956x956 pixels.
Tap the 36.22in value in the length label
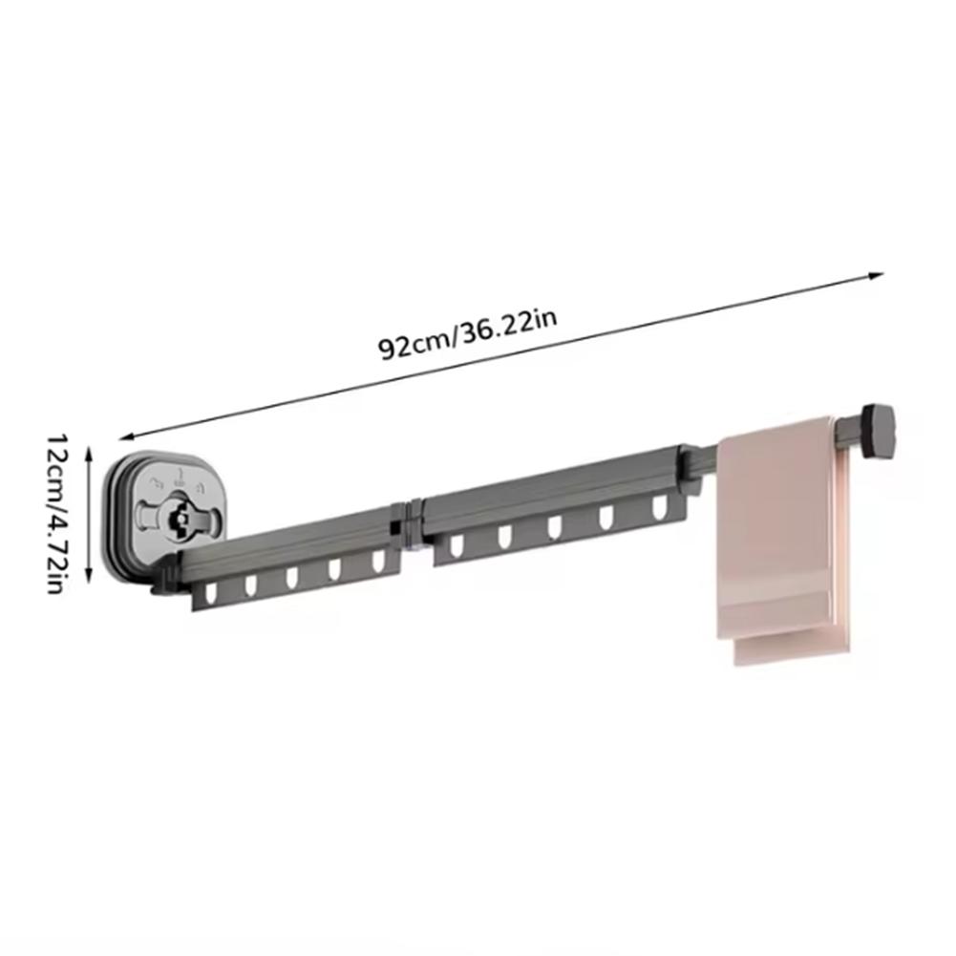[x=507, y=329]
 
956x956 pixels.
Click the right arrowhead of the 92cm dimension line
[x=876, y=276]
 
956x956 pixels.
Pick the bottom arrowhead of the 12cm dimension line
[x=90, y=575]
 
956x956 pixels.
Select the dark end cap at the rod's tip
[x=879, y=432]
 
